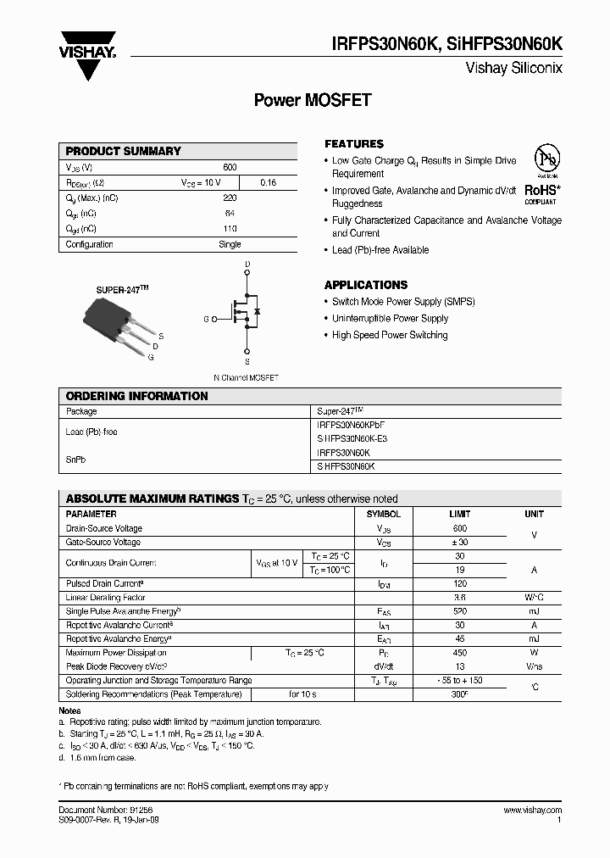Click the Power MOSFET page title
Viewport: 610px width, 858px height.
[x=313, y=100]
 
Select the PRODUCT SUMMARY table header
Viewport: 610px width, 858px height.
[x=124, y=151]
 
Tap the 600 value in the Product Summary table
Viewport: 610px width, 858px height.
[x=230, y=168]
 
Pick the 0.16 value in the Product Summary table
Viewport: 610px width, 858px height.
[x=268, y=183]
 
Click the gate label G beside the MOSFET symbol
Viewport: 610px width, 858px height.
[x=205, y=319]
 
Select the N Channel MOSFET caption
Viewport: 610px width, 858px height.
[x=246, y=377]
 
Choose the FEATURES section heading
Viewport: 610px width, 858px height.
[x=354, y=144]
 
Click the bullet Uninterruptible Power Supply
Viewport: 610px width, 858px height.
[x=390, y=319]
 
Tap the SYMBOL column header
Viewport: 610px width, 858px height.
[x=384, y=515]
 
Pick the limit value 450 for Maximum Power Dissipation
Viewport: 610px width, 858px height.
[x=458, y=653]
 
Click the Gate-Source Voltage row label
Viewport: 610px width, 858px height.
[x=103, y=543]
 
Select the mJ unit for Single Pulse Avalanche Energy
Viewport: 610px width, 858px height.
[x=534, y=611]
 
